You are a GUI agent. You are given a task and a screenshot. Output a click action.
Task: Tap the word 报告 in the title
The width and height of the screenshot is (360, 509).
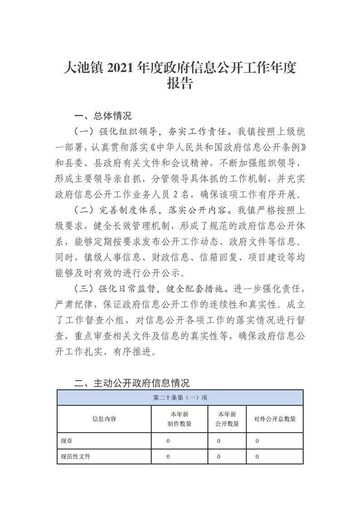point(180,84)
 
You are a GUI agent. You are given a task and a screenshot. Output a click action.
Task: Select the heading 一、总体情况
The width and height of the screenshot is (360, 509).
point(102,115)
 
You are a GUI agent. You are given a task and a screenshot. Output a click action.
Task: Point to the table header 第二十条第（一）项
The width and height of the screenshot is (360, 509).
point(180,397)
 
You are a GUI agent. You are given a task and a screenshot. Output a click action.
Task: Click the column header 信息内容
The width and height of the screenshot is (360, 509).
point(104,419)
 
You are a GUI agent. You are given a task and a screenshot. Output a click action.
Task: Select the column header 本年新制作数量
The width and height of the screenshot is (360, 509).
point(179,419)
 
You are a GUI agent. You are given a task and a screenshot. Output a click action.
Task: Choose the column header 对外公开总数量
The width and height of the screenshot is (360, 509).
point(275,419)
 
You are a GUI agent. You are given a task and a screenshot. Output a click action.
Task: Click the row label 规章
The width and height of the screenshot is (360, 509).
point(66,441)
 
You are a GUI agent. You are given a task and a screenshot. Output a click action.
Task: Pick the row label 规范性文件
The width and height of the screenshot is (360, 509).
point(75,456)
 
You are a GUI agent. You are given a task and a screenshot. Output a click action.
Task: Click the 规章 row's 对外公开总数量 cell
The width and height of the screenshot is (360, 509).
point(257,441)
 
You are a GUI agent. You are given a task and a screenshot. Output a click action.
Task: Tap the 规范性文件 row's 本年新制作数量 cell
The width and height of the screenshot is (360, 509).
point(168,456)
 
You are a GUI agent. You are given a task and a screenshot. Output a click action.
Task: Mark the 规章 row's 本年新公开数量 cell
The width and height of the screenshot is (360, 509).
point(219,441)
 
